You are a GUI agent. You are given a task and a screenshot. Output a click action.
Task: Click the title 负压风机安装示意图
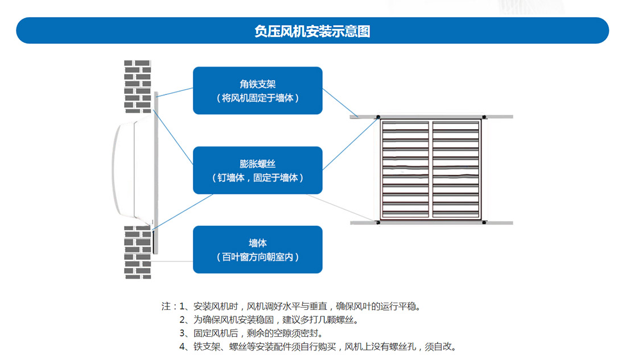tap(312, 31)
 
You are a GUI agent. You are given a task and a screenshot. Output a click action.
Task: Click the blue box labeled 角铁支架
tap(257, 90)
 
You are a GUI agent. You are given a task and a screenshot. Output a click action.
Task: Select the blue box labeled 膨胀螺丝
tap(257, 170)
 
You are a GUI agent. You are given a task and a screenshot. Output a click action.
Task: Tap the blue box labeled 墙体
tap(257, 249)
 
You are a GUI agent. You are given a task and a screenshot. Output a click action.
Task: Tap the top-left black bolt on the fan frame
tap(377, 118)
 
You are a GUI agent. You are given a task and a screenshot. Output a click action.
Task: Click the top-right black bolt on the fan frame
tap(483, 118)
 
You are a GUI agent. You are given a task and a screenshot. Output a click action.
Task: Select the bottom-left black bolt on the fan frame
tap(377, 222)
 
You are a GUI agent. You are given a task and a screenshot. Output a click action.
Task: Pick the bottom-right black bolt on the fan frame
tap(483, 222)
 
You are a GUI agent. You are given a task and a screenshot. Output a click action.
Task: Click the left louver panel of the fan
tap(405, 170)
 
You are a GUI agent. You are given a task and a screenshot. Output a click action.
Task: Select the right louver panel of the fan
tap(456, 170)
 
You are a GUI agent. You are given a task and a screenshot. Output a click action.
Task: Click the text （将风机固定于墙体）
tap(257, 98)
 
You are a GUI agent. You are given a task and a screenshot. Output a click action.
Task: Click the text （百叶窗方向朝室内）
tap(257, 257)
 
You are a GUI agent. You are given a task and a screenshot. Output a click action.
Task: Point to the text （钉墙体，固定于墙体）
tap(257, 177)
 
